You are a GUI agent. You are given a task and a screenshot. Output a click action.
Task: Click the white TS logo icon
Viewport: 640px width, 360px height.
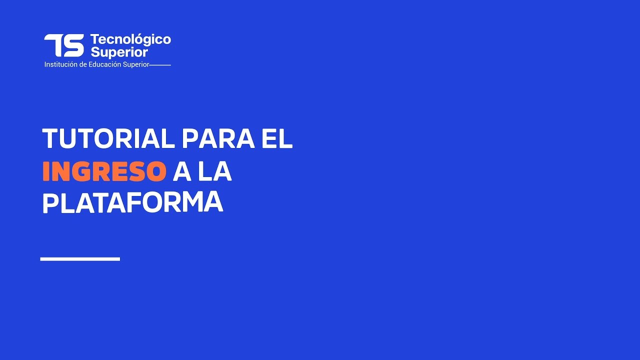[64, 45]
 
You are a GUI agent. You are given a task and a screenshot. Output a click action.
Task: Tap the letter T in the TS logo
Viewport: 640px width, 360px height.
[53, 45]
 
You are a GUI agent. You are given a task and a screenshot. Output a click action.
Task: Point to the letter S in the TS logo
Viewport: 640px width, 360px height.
[74, 45]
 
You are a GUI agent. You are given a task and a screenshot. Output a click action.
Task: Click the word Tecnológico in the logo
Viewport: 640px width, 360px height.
[130, 39]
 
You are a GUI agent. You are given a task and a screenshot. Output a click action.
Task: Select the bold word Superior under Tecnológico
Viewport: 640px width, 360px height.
[119, 52]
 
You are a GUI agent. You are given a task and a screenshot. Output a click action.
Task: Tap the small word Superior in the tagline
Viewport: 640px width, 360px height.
[136, 64]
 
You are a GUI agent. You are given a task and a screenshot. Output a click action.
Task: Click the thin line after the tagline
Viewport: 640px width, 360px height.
[160, 65]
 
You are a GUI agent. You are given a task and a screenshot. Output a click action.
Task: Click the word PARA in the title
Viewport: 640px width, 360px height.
[217, 138]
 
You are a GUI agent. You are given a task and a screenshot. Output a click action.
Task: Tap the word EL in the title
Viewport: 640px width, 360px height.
[277, 138]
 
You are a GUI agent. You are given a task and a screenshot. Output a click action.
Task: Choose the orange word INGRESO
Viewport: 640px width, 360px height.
[104, 171]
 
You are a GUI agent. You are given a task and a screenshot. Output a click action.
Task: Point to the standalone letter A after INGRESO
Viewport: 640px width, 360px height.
[182, 171]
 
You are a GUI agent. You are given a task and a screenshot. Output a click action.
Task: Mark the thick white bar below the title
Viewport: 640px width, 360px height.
[80, 258]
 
